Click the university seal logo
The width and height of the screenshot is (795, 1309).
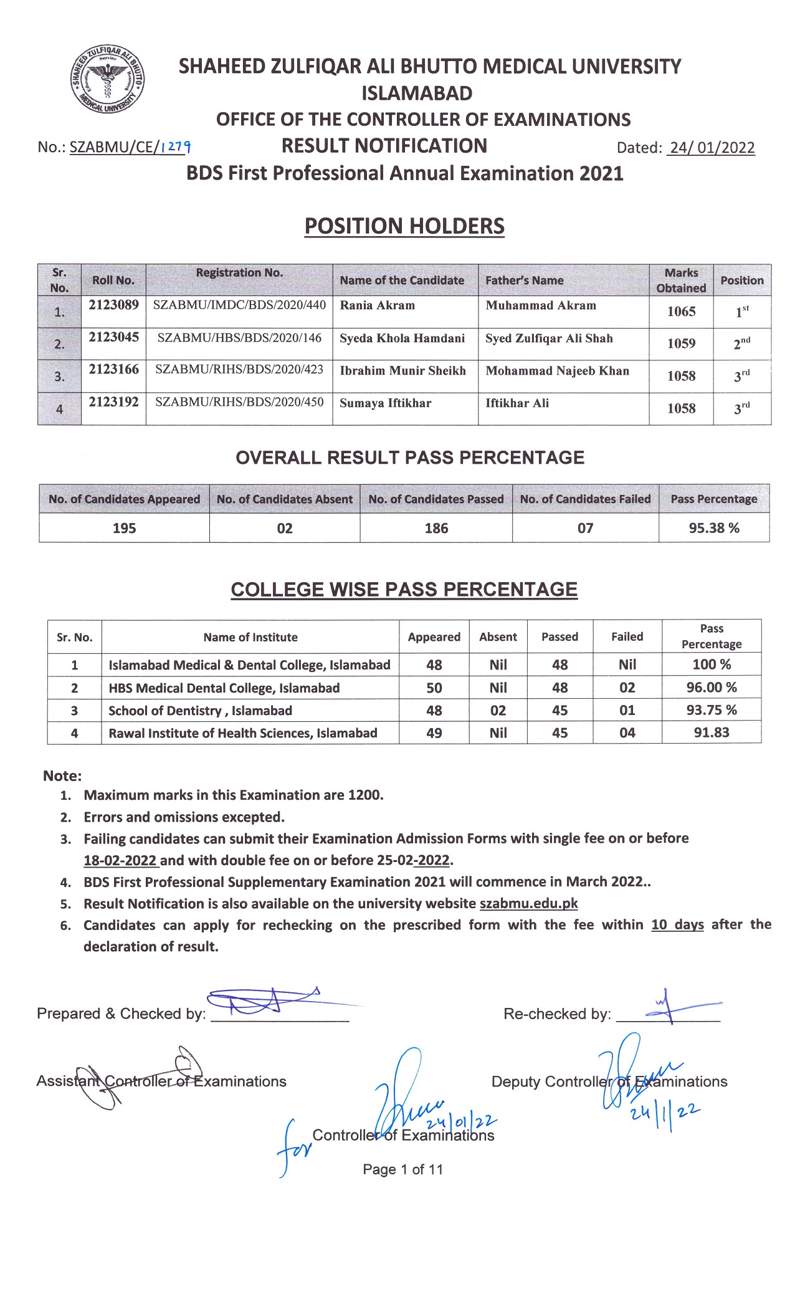[x=107, y=80]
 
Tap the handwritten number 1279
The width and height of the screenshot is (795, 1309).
[x=176, y=147]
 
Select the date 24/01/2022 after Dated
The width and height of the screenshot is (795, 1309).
[x=711, y=148]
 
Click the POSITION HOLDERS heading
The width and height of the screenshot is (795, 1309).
[x=404, y=226]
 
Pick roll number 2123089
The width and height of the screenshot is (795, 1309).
[x=113, y=305]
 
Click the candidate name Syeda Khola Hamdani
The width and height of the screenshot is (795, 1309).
[x=402, y=338]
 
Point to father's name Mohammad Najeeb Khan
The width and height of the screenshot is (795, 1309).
[x=557, y=371]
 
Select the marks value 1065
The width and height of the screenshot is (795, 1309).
[x=681, y=312]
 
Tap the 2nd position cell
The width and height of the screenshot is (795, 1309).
[x=741, y=343]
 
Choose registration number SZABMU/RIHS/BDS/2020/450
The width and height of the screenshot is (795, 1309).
[x=239, y=402]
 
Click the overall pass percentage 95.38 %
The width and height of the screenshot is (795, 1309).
[x=714, y=528]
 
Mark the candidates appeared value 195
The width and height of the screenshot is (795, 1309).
[x=124, y=528]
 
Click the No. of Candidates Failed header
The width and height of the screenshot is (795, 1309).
[x=585, y=499]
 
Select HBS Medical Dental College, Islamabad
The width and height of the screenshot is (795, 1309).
[x=224, y=688]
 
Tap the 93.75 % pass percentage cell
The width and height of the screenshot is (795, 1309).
[x=711, y=710]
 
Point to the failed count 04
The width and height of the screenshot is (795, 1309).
[x=627, y=733]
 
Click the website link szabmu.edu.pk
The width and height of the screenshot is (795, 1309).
[x=528, y=903]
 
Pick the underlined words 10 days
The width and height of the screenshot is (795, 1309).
[x=677, y=924]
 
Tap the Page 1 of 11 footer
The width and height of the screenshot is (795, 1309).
[x=402, y=1169]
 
